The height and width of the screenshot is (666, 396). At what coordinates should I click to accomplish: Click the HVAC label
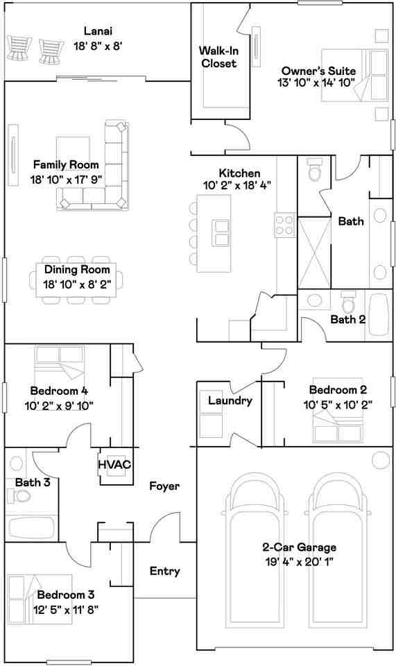click(114, 464)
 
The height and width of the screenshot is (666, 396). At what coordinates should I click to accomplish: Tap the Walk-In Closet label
click(218, 57)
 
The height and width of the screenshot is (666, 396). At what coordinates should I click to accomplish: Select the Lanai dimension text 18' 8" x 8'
click(98, 46)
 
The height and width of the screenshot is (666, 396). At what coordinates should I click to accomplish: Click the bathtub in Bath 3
click(31, 528)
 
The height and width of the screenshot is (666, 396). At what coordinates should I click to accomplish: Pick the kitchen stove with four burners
click(285, 225)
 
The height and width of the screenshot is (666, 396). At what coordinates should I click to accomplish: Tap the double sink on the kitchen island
click(221, 233)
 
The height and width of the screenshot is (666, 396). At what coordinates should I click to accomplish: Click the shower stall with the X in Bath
click(314, 253)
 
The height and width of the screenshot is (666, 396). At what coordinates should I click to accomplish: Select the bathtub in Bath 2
click(378, 315)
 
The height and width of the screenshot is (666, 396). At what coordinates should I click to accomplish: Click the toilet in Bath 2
click(348, 302)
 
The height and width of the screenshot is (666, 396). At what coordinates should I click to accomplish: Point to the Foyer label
click(164, 486)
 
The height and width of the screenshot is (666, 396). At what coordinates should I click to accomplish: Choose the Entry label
click(164, 571)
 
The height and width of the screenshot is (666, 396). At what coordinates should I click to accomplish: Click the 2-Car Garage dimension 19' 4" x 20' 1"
click(300, 562)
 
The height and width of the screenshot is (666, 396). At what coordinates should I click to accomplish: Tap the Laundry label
click(230, 400)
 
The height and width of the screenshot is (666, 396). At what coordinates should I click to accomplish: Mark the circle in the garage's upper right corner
click(380, 460)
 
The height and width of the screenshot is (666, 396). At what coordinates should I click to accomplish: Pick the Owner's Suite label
click(319, 71)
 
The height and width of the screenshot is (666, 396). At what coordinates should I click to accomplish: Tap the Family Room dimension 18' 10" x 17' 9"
click(67, 180)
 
